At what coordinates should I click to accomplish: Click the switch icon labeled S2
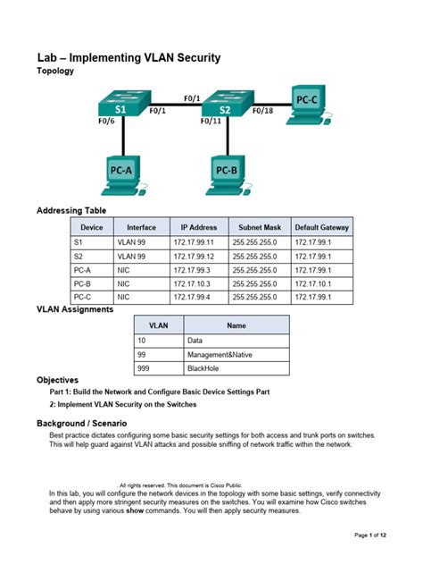[223, 107]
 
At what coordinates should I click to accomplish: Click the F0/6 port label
[107, 122]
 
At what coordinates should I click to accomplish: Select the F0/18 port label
[263, 111]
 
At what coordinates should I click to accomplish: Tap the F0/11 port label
[209, 122]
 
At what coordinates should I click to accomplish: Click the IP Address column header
[199, 228]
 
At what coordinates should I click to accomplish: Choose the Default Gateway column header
[322, 228]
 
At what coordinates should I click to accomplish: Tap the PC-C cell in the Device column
[83, 296]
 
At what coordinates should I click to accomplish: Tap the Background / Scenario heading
[81, 422]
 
